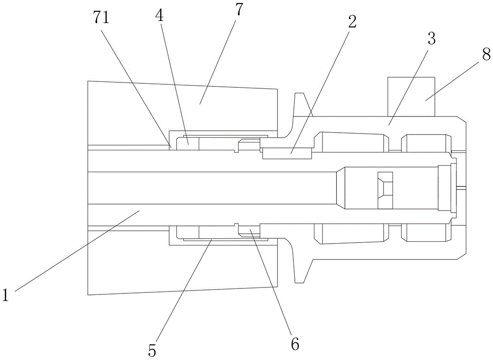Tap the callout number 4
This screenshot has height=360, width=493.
coord(159,15)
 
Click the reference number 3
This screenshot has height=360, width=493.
coord(431,39)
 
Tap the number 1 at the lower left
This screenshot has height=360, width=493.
coord(5,295)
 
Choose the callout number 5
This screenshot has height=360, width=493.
coord(152,351)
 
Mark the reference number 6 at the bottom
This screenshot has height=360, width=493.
coord(295,344)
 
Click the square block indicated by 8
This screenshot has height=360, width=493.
coord(411,96)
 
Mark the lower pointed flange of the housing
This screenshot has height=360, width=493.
coord(301,269)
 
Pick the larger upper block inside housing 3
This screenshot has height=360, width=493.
coord(352,143)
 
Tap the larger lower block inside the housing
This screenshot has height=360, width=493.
coord(352,233)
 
